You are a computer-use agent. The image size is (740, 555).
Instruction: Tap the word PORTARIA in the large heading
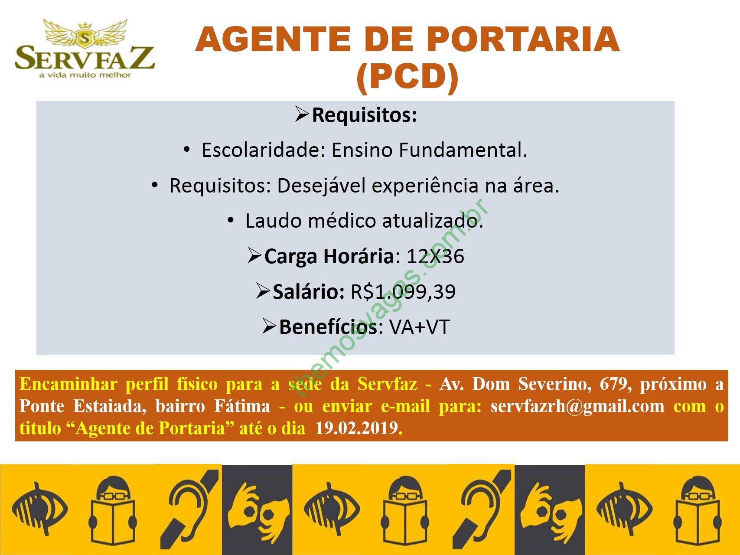click(x=522, y=39)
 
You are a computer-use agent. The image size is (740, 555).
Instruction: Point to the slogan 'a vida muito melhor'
click(x=85, y=75)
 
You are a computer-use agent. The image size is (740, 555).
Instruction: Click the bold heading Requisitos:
click(x=364, y=115)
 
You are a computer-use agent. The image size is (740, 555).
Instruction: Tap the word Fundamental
click(x=463, y=150)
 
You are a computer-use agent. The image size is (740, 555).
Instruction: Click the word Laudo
click(x=274, y=221)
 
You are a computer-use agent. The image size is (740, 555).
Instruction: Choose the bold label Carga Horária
click(x=329, y=256)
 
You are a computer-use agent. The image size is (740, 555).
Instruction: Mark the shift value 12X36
click(x=435, y=256)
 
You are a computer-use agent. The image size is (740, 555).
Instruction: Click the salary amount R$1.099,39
click(x=403, y=291)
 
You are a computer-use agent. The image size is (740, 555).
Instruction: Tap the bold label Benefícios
click(x=329, y=327)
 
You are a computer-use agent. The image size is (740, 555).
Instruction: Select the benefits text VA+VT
click(x=419, y=327)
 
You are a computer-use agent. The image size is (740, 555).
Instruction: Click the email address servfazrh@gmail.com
click(x=577, y=406)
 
